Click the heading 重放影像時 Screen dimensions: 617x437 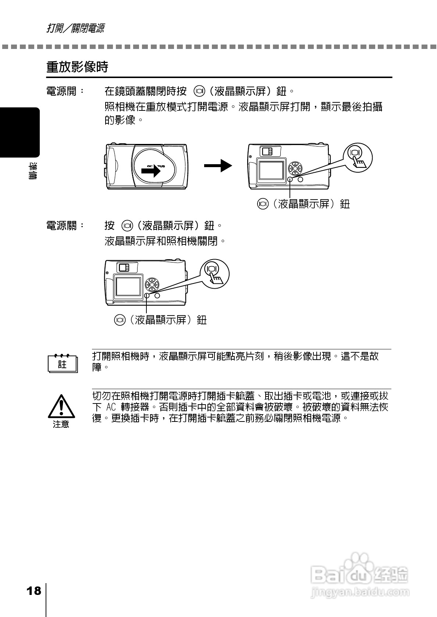click(77, 67)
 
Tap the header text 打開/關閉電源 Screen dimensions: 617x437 click(75, 28)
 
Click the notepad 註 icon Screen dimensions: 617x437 click(63, 364)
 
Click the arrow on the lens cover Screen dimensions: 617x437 click(153, 171)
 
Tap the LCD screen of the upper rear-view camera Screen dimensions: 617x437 click(271, 169)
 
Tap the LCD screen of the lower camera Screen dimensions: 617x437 click(128, 286)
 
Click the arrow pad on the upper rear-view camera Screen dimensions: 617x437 click(295, 168)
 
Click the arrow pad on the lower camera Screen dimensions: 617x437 click(152, 285)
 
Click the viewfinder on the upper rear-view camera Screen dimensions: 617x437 click(266, 151)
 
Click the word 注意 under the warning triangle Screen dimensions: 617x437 click(61, 424)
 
